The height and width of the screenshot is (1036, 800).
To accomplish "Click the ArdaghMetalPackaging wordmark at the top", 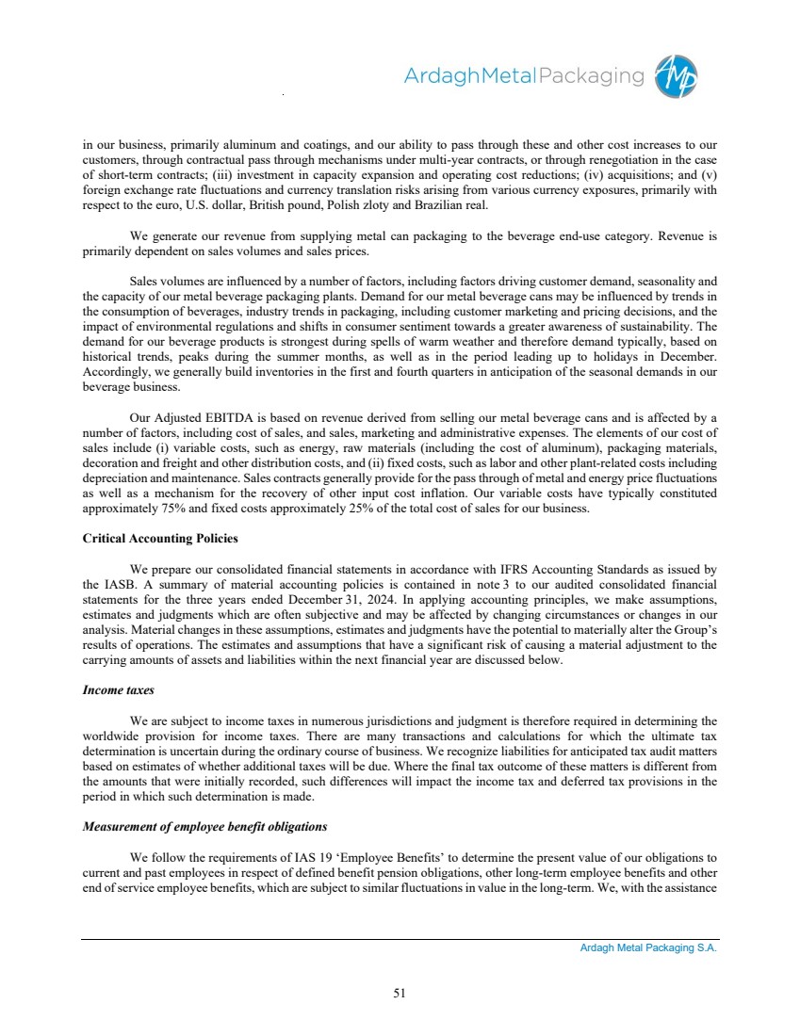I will pyautogui.click(x=524, y=76).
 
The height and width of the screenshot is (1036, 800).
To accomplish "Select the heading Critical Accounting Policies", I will pyautogui.click(x=160, y=538).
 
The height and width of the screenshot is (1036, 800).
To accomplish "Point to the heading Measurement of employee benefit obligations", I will pyautogui.click(x=204, y=827).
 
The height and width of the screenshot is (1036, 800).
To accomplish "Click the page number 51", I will pyautogui.click(x=400, y=991).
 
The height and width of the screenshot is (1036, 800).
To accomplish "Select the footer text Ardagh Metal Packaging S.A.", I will pyautogui.click(x=648, y=948).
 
